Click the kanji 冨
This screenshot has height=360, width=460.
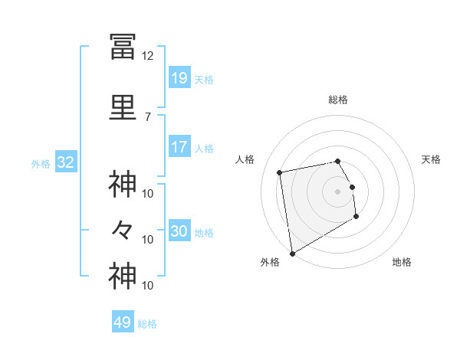click(x=123, y=47)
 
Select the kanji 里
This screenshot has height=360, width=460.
click(x=123, y=107)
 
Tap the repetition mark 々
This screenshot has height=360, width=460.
click(x=122, y=230)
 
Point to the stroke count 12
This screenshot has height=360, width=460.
click(x=147, y=56)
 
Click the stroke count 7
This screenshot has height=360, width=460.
click(x=148, y=117)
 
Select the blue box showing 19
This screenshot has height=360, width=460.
click(x=180, y=77)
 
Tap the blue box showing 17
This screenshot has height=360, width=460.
click(x=180, y=146)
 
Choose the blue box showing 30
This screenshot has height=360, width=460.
click(x=180, y=230)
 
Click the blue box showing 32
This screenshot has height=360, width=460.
click(x=66, y=162)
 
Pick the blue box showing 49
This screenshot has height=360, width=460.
click(x=123, y=321)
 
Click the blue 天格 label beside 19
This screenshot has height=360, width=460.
click(x=204, y=80)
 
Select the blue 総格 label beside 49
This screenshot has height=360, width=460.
click(x=147, y=324)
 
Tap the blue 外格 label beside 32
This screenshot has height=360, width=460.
click(x=41, y=164)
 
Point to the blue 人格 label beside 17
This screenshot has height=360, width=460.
click(x=204, y=149)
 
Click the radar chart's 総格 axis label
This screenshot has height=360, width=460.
click(x=338, y=100)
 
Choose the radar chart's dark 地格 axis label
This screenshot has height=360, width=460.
click(x=402, y=262)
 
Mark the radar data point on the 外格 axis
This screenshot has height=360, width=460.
click(x=292, y=254)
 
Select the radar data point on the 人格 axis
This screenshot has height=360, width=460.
click(x=280, y=172)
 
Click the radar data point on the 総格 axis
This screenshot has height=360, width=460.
click(x=337, y=162)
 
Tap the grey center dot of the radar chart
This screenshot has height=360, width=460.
click(x=337, y=191)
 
